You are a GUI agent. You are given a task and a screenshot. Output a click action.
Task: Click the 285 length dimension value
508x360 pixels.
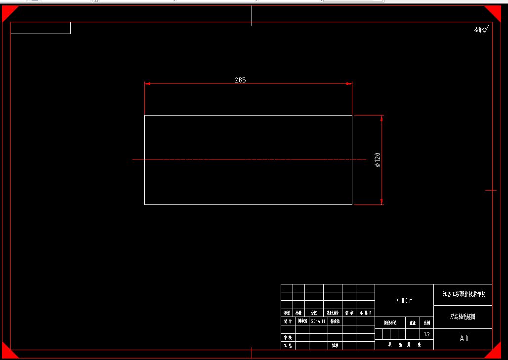click(240, 80)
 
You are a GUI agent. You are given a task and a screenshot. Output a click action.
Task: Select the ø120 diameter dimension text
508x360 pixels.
click(378, 160)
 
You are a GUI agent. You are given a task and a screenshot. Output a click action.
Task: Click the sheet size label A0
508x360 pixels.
click(464, 339)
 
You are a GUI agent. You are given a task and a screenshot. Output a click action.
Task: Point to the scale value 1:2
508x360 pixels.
click(427, 334)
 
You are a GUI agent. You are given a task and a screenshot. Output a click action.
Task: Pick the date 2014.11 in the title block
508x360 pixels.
click(318, 321)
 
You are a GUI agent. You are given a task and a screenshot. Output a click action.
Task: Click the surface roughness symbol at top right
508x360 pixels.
click(481, 30)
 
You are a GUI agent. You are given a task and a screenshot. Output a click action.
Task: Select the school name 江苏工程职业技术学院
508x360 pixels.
click(463, 294)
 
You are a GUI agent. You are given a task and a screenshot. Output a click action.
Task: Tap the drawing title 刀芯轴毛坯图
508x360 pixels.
click(463, 317)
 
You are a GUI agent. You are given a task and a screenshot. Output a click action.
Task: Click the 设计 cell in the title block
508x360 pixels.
click(287, 321)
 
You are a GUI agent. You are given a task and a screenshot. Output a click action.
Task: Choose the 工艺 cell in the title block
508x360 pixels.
click(287, 346)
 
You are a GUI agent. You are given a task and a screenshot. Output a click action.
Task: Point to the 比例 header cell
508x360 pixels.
click(426, 323)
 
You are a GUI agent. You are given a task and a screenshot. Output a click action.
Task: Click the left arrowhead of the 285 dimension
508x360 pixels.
click(147, 83)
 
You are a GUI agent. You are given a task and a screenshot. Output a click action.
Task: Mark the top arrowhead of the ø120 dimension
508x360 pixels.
click(382, 118)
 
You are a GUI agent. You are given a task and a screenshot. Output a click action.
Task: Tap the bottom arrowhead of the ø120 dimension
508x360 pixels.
click(382, 201)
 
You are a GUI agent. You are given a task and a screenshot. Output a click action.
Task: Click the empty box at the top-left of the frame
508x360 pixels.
click(41, 28)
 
